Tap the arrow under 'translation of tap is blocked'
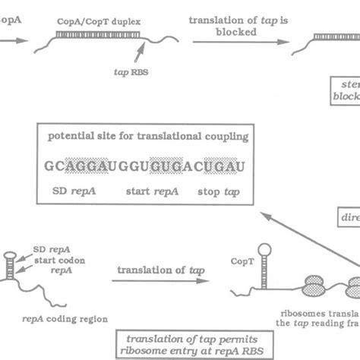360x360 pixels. click(x=235, y=42)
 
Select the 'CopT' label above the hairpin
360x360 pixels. click(x=238, y=261)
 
